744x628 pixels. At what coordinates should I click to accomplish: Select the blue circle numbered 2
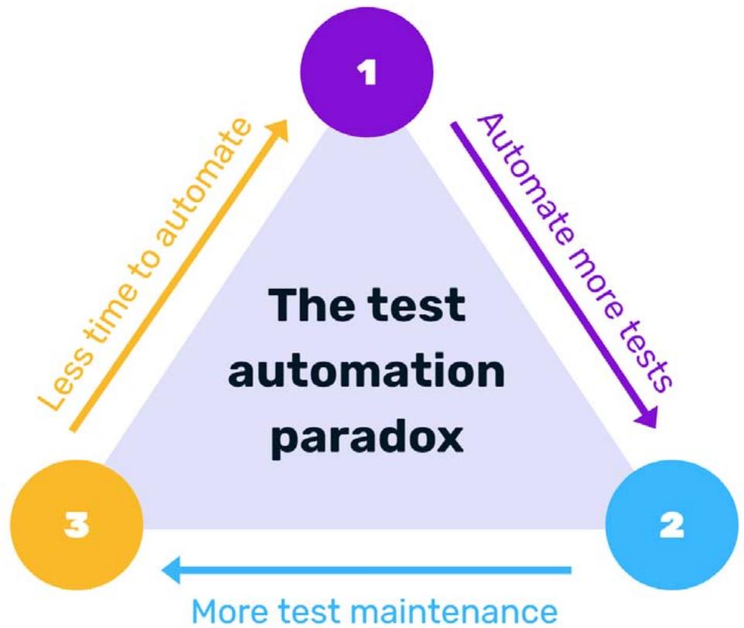tap(670, 526)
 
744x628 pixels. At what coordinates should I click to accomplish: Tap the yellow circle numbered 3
tap(77, 526)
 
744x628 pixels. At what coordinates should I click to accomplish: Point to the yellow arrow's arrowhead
tap(279, 130)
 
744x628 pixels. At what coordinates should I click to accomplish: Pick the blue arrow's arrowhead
tap(170, 571)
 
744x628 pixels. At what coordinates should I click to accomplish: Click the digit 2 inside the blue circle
tap(670, 526)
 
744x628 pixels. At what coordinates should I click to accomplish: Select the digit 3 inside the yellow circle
tap(77, 526)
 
